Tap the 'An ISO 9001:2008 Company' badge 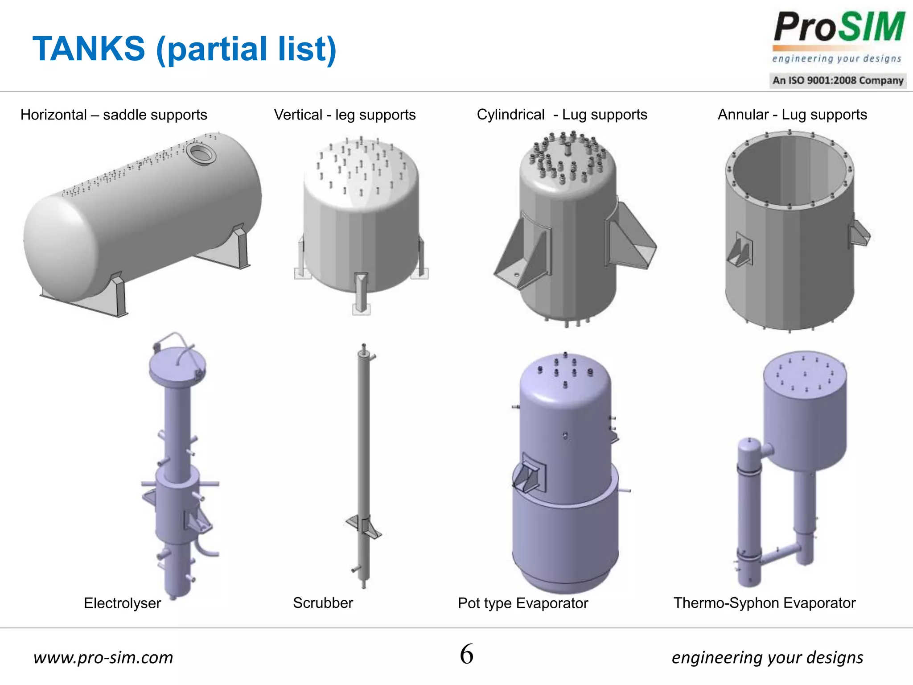(x=838, y=81)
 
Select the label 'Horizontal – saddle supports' (x=114, y=115)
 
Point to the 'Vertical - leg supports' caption (x=345, y=115)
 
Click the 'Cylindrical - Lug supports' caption (x=562, y=115)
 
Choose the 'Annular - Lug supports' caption (x=792, y=115)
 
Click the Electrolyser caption (x=122, y=603)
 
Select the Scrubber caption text (x=323, y=603)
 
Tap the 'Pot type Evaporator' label (x=523, y=603)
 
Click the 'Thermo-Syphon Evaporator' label (x=764, y=603)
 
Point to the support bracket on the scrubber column (x=363, y=526)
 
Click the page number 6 (x=466, y=654)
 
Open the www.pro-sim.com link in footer (x=103, y=657)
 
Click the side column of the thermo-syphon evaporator (x=749, y=513)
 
